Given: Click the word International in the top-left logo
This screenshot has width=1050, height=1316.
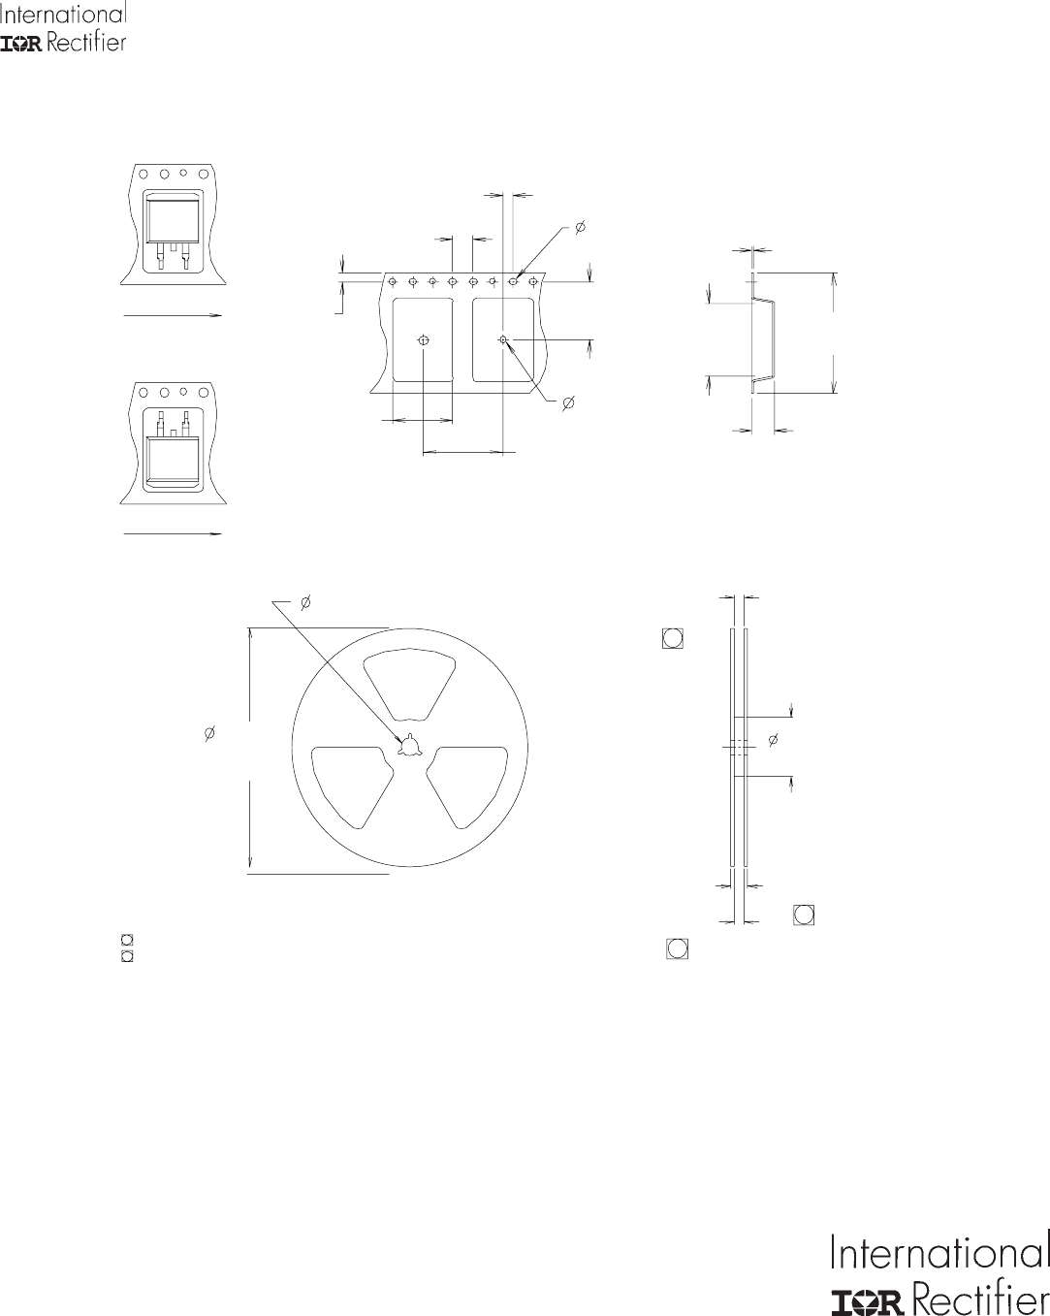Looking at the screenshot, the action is point(63,14).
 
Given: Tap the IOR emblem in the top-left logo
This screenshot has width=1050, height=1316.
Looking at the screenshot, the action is point(20,45).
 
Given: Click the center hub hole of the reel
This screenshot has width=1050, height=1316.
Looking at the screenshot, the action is point(410,746).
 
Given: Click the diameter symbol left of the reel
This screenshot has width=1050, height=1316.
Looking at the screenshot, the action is point(209,733).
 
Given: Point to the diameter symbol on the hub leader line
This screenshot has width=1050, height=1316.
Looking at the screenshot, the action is point(305,602).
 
